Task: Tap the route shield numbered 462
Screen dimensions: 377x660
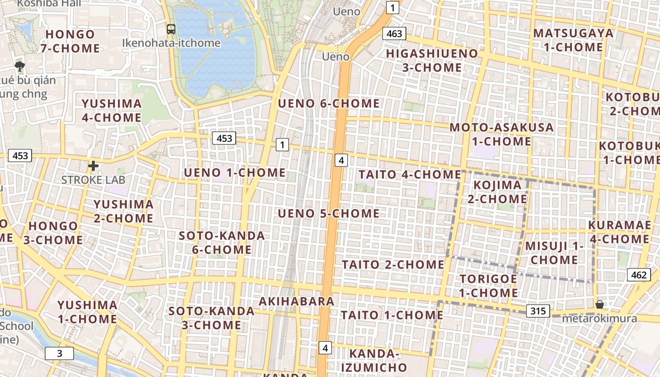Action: [639, 275]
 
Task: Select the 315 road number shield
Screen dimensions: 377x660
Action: [537, 311]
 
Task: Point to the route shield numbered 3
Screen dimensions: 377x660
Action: [59, 353]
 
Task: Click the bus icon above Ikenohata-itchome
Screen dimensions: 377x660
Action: [171, 29]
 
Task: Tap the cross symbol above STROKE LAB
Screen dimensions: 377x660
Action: [93, 166]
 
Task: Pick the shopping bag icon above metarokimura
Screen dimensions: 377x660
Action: [599, 304]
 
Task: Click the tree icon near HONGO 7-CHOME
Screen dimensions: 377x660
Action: [19, 66]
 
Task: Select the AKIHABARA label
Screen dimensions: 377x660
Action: [297, 301]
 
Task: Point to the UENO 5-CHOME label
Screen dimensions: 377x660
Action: [329, 213]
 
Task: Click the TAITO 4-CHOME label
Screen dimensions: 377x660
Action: [410, 174]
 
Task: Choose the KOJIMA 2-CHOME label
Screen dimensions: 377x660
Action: [497, 192]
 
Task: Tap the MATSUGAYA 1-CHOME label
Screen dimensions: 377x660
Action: [573, 40]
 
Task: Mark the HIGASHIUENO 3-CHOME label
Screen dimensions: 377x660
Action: [432, 60]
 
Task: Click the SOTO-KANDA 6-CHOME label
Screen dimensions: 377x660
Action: [222, 242]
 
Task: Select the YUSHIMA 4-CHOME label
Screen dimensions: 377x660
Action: [112, 110]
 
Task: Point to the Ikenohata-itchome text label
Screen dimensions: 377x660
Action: [171, 43]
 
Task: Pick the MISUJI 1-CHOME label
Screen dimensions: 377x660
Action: [554, 253]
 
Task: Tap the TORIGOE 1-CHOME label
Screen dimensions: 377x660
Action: [488, 286]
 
